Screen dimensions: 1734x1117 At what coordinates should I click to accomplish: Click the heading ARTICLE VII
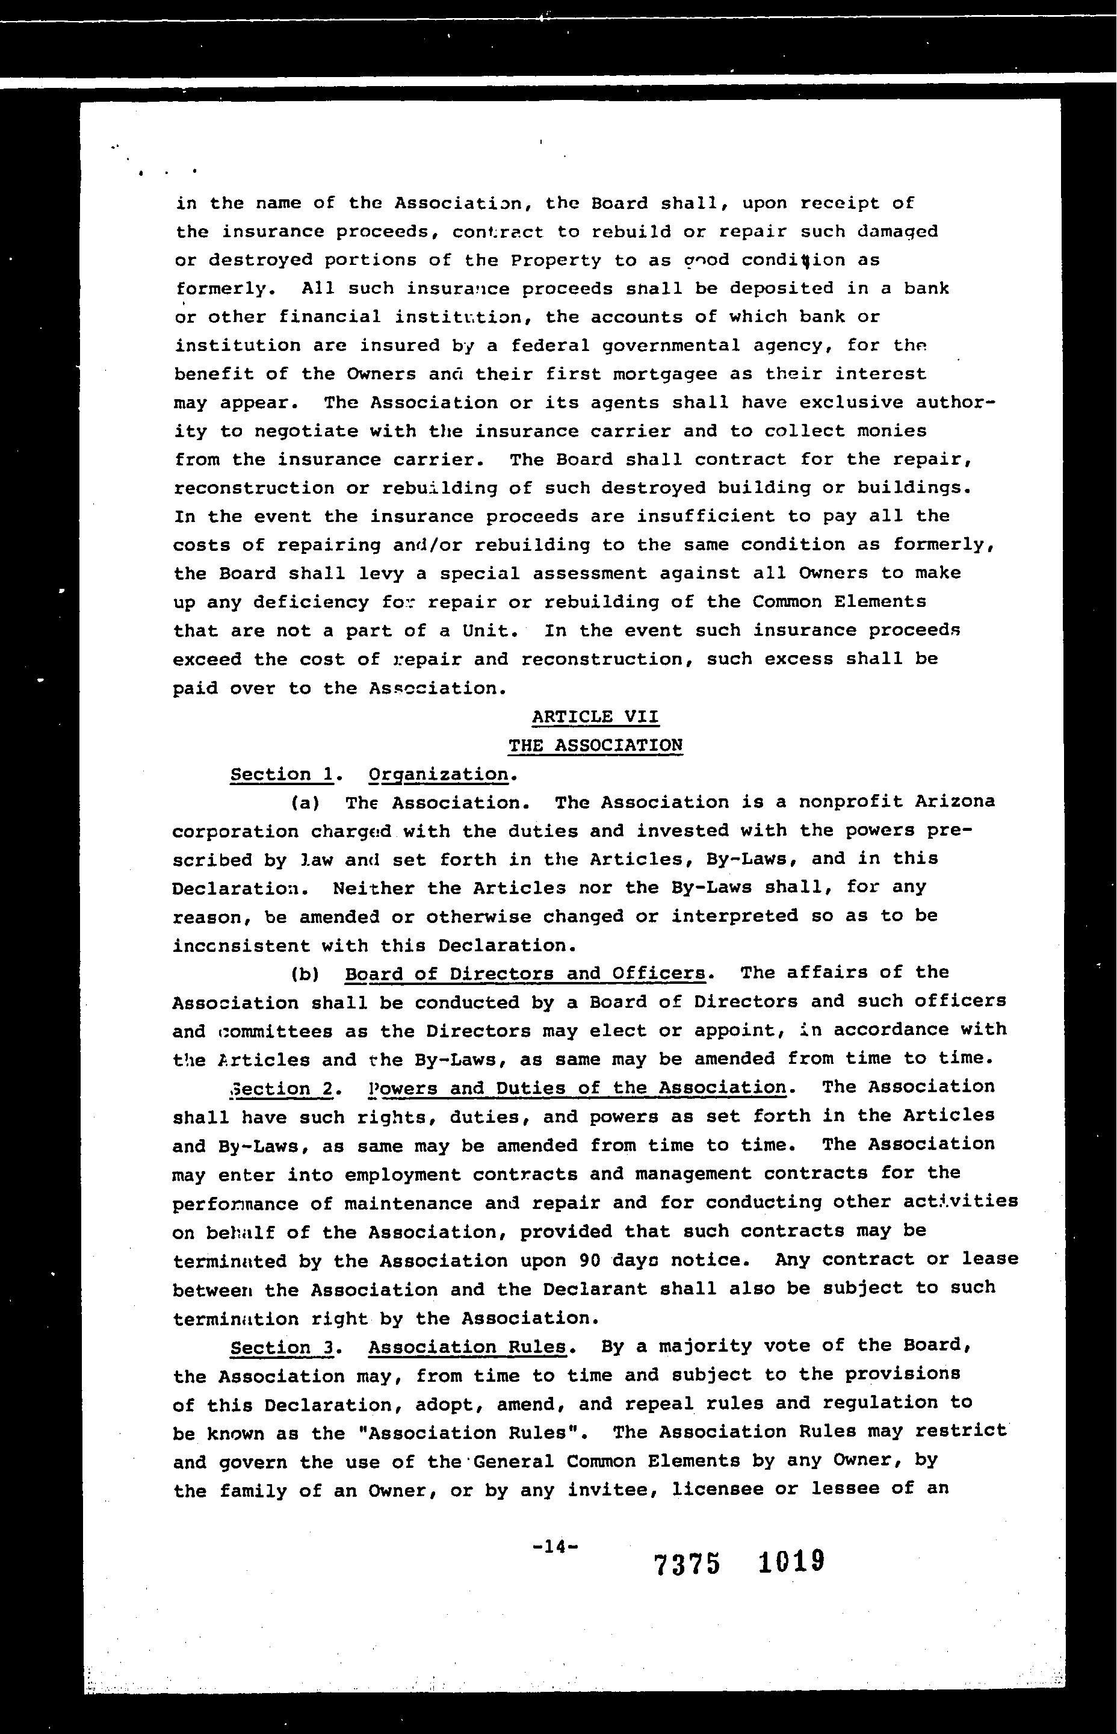[x=595, y=717]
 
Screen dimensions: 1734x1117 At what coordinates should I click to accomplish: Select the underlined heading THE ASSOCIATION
[x=595, y=745]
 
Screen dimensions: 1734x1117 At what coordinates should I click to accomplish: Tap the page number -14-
[x=555, y=1546]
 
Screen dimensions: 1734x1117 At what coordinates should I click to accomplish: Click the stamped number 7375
[x=687, y=1565]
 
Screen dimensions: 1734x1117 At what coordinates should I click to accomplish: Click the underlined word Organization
[x=438, y=774]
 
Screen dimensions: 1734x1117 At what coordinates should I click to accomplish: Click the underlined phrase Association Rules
[x=467, y=1347]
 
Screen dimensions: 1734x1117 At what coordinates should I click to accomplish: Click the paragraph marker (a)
[x=305, y=803]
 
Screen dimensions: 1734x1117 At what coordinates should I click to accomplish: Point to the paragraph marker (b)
[x=305, y=974]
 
